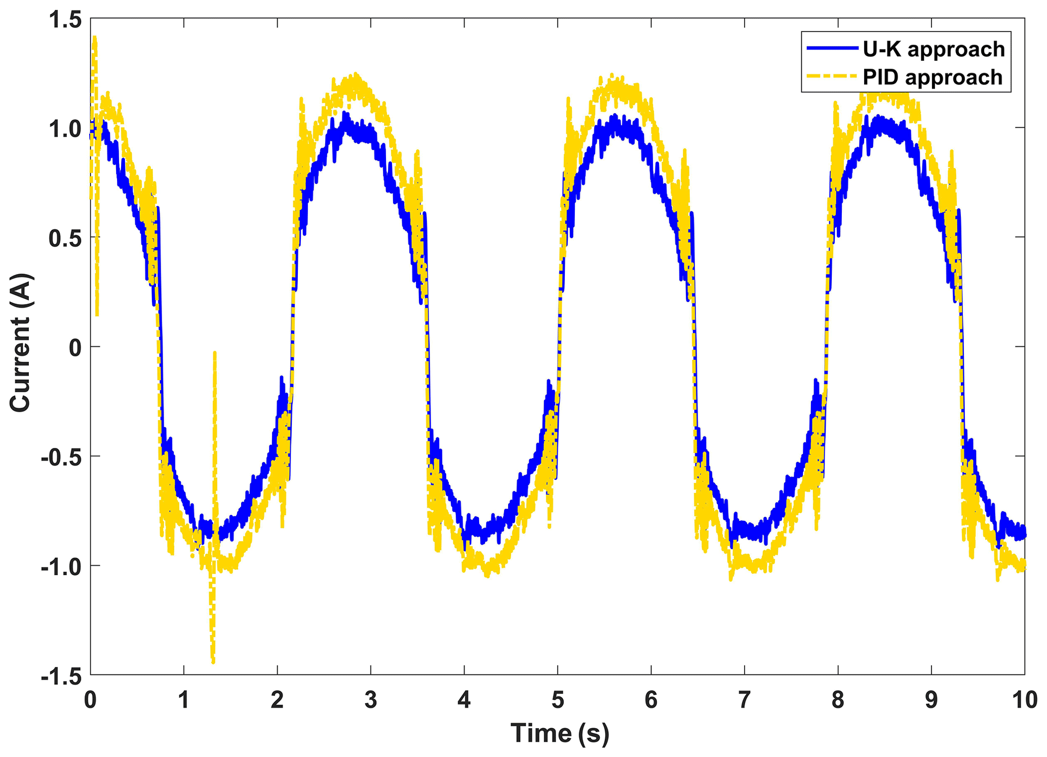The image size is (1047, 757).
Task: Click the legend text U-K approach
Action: click(934, 49)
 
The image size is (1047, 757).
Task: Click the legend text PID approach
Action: click(933, 78)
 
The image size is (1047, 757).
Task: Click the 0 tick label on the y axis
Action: click(75, 347)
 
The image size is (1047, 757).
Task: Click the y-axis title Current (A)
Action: click(21, 343)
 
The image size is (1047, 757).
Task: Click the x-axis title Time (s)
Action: click(559, 733)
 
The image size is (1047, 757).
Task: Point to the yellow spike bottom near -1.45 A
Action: click(213, 661)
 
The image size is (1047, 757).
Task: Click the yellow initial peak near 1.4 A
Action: click(94, 38)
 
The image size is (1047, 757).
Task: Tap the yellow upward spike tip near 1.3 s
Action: click(215, 353)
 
